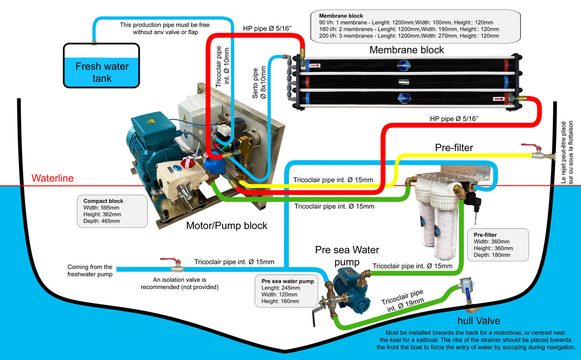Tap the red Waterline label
[x=53, y=179]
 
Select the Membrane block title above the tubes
[x=406, y=50]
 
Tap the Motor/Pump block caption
[x=226, y=226]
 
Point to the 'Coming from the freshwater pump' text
[x=90, y=270]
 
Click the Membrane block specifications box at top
[x=414, y=26]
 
